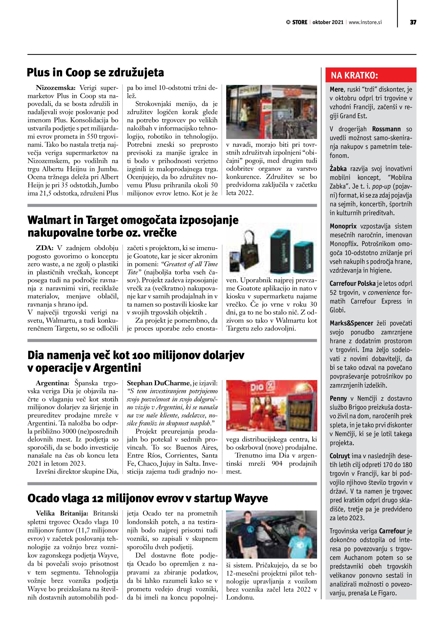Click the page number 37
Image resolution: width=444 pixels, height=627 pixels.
point(413,22)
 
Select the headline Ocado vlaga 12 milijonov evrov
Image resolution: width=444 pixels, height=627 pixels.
point(148,498)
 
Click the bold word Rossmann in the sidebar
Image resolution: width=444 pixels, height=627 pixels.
point(386,129)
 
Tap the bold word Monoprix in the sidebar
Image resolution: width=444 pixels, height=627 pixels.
point(343,226)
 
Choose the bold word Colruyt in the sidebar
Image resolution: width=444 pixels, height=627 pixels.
point(340,456)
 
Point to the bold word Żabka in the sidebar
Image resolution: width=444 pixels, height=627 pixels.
point(338,169)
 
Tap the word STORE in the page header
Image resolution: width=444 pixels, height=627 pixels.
point(299,22)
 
